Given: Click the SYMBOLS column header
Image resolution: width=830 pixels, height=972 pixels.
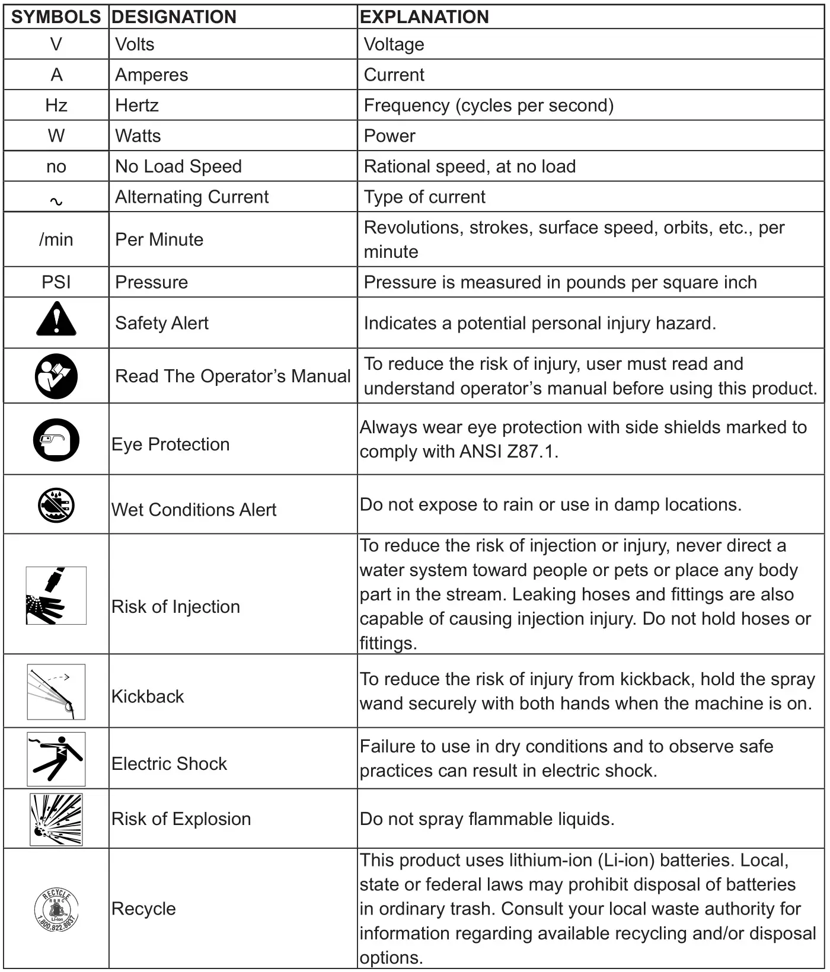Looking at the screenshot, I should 56,17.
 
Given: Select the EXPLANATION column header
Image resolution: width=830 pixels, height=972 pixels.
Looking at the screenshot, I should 424,17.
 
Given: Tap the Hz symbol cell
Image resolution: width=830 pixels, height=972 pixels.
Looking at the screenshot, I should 56,105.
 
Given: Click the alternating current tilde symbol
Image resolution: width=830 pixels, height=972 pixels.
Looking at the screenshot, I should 56,202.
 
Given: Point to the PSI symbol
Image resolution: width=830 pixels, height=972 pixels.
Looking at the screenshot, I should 56,282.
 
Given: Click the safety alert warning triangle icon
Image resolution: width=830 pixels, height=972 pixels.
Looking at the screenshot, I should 56,320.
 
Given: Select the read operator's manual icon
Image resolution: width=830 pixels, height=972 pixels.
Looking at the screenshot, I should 56,376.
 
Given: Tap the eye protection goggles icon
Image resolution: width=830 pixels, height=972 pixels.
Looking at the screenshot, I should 56,440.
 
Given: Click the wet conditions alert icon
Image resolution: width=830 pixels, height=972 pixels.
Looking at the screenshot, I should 56,506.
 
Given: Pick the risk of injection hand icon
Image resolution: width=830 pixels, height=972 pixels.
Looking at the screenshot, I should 56,596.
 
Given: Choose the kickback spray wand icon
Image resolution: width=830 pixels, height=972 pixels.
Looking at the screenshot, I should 56,692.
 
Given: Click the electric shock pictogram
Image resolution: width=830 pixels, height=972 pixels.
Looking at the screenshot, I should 56,759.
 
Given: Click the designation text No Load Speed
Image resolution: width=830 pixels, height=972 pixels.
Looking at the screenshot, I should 178,167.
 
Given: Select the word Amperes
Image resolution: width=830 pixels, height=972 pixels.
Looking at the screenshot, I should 151,75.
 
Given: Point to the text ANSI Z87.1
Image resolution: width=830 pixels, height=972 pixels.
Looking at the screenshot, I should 509,452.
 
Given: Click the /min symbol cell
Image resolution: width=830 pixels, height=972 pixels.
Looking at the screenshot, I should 56,239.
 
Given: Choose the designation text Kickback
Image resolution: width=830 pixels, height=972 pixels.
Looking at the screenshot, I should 148,696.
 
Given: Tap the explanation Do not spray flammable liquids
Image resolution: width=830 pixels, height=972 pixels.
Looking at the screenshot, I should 487,819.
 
